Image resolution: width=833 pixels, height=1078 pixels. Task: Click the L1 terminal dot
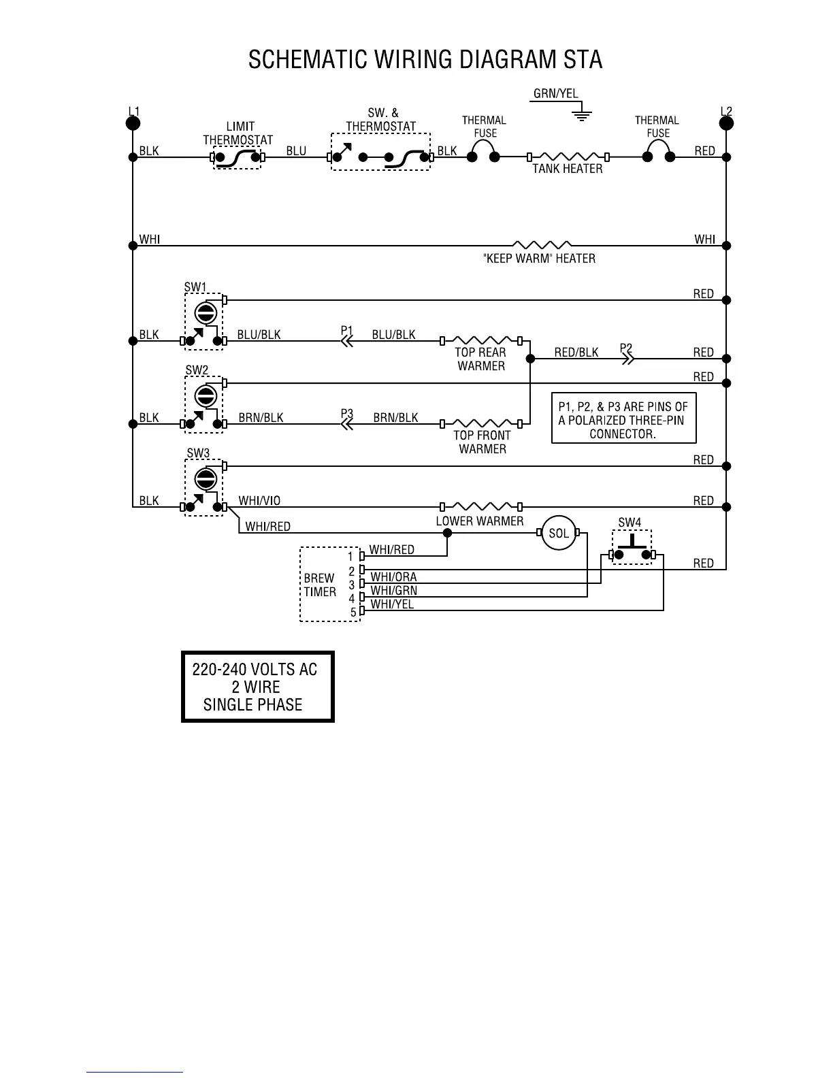pos(133,122)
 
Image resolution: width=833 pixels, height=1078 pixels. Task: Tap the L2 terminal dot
pos(726,122)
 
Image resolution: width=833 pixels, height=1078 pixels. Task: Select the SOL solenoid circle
pos(559,534)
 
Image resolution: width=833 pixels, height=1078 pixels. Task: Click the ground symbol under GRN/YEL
pos(581,114)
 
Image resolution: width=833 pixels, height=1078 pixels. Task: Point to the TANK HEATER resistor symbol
pos(568,157)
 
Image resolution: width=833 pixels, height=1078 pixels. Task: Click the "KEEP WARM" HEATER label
pos(538,259)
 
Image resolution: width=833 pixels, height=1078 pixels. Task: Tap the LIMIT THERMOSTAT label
pos(238,133)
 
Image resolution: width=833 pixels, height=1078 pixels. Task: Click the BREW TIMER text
pos(319,585)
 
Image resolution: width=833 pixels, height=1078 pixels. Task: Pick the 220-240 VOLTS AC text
pos(255,670)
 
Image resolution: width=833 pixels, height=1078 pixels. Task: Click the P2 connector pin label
pos(626,348)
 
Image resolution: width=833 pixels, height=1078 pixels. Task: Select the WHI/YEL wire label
pos(392,604)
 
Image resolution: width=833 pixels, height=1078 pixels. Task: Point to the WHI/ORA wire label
pos(393,577)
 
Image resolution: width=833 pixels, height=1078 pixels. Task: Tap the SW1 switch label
pos(195,287)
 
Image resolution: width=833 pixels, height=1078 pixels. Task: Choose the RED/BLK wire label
pos(576,353)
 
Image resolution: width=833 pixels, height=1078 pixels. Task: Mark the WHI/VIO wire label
pos(259,501)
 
